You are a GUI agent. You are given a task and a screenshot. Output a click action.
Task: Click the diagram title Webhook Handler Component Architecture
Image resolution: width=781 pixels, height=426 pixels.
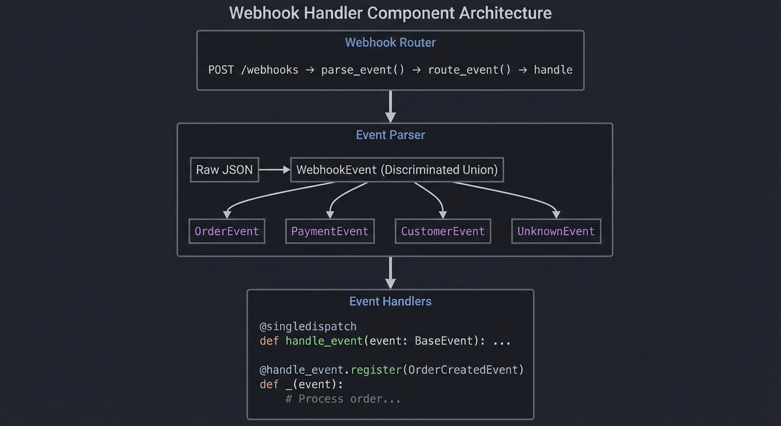(x=390, y=13)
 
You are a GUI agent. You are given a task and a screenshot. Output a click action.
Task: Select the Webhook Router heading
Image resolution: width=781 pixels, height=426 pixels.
(x=390, y=43)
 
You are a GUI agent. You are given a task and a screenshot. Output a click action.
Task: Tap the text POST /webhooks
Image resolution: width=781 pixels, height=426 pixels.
(x=253, y=70)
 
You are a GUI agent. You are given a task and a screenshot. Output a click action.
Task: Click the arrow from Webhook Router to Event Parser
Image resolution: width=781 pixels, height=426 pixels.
(x=390, y=106)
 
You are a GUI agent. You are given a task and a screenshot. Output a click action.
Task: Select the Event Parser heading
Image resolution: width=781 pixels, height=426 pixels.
(x=390, y=135)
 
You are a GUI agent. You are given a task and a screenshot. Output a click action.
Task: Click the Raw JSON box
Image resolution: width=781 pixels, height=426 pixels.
(x=224, y=170)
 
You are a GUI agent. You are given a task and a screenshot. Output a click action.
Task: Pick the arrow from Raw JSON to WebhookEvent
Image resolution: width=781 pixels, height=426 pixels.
(x=275, y=170)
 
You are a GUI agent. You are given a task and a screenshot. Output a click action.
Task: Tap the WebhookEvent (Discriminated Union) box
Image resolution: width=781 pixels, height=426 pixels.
(x=397, y=170)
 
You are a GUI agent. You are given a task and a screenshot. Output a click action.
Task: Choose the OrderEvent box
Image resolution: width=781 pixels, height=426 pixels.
(x=226, y=231)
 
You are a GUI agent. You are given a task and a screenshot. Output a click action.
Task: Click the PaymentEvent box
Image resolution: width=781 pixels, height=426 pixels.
(x=329, y=231)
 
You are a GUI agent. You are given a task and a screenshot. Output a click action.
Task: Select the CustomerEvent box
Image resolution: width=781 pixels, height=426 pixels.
(x=443, y=231)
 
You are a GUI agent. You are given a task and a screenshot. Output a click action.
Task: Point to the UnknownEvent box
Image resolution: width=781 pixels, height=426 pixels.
(x=556, y=231)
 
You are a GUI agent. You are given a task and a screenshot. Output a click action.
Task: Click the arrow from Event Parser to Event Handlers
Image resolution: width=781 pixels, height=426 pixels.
(x=390, y=272)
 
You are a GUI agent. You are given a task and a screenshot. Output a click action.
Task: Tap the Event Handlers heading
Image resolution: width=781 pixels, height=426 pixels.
(x=390, y=301)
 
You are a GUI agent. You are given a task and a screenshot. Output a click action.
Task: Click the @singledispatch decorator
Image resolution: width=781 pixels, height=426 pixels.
(x=308, y=326)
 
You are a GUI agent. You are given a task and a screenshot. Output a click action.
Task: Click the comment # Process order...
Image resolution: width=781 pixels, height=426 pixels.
(x=342, y=399)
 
